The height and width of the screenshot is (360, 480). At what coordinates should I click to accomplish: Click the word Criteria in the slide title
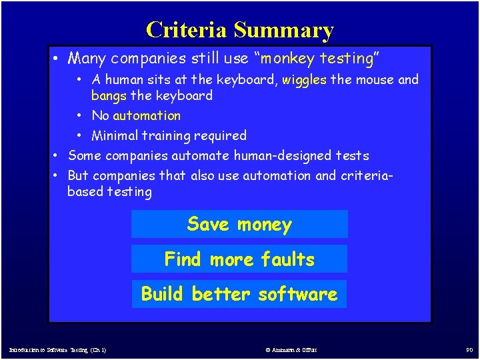(x=187, y=30)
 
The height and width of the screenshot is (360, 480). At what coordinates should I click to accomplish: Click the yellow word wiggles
(x=304, y=80)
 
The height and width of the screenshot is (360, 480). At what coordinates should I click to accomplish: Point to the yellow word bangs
(x=109, y=96)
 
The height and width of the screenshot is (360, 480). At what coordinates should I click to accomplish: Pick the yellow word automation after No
(x=147, y=116)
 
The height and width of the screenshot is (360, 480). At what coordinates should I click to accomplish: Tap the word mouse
(x=377, y=80)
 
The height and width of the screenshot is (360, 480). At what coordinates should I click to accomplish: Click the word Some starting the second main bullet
(x=85, y=156)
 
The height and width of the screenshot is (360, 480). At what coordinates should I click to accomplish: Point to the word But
(x=78, y=176)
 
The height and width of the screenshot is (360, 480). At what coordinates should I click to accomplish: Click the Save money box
(x=239, y=225)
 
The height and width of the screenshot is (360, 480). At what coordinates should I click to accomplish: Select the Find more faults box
(x=239, y=259)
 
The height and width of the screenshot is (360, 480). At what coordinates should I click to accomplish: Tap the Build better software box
(x=239, y=294)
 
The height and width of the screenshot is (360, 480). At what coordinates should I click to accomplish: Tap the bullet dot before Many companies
(x=58, y=59)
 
